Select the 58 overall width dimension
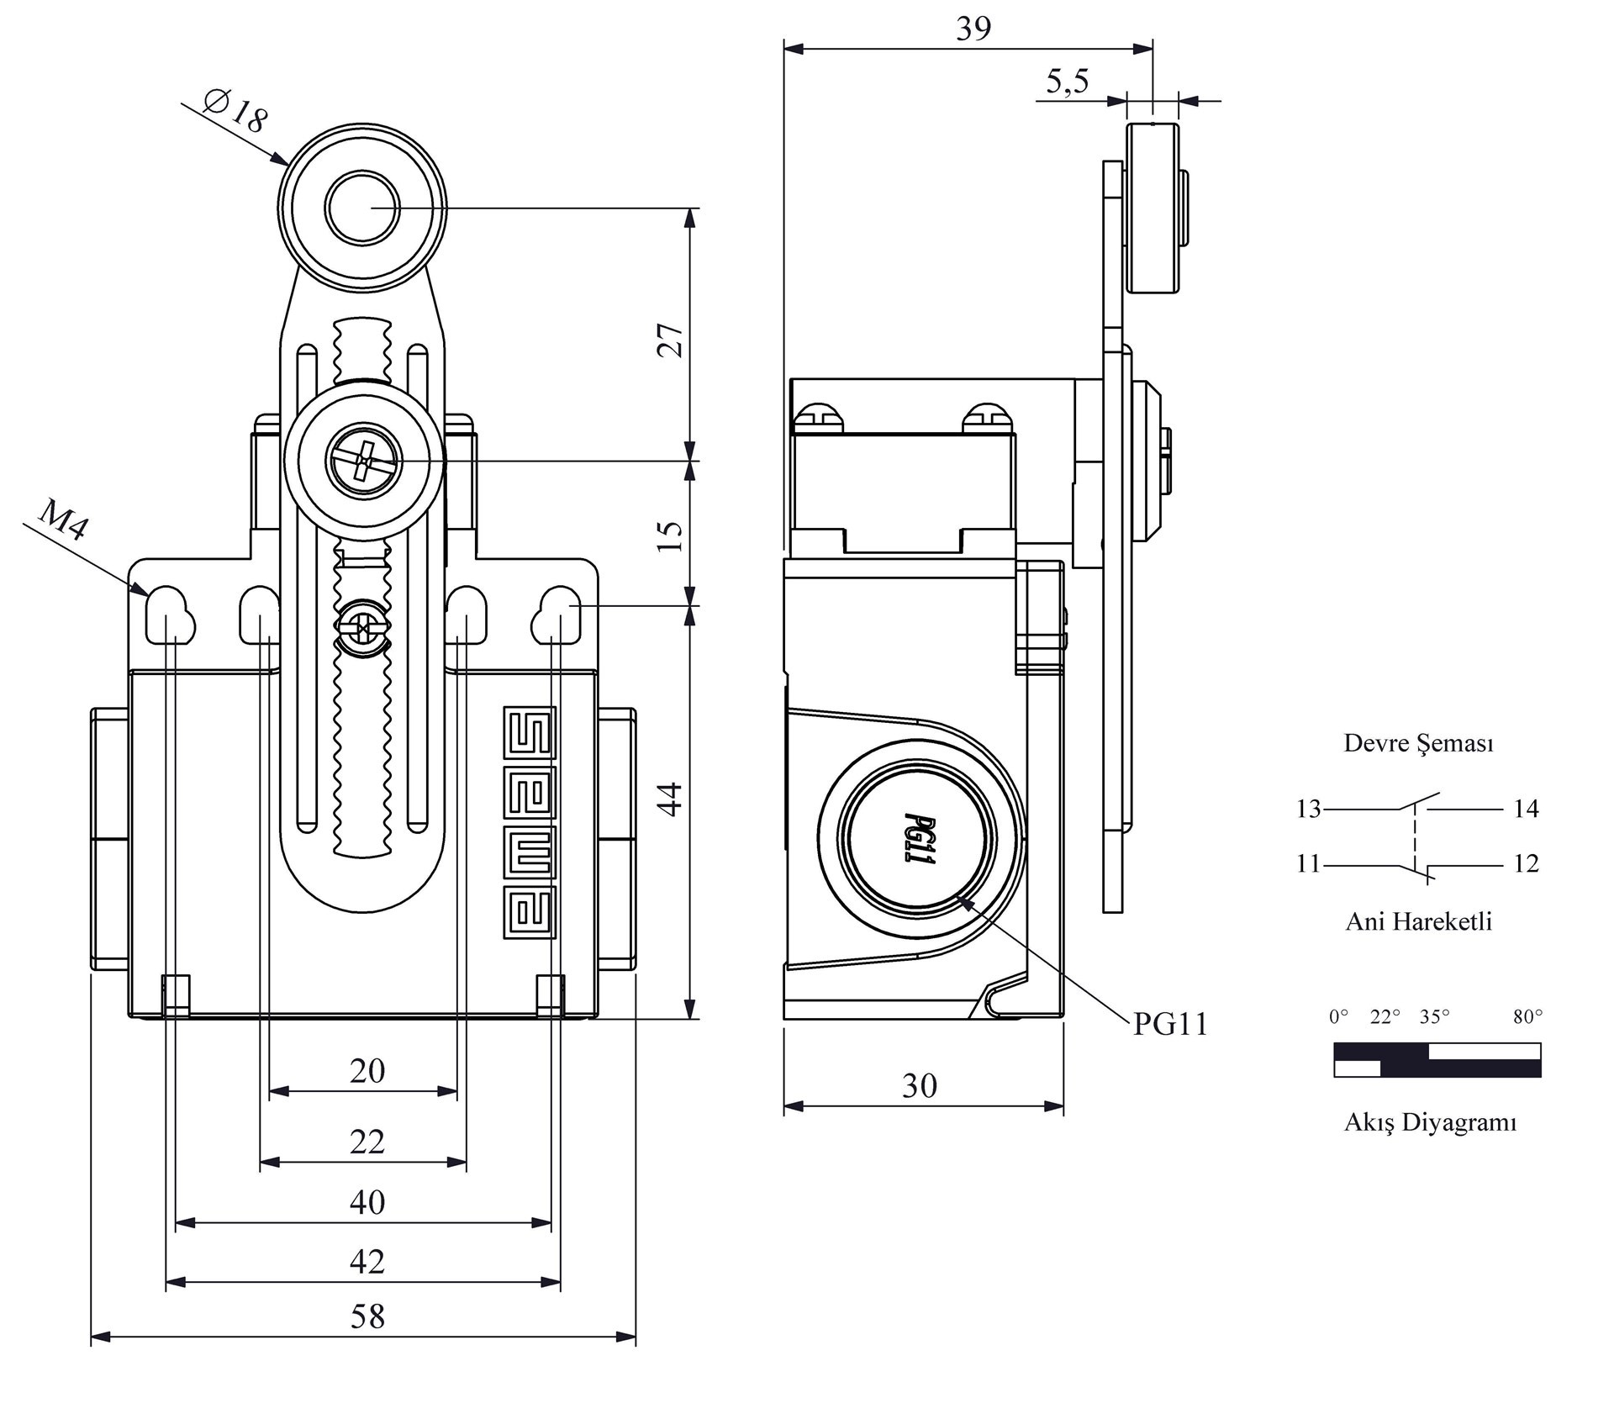[367, 1316]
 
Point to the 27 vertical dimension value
[671, 340]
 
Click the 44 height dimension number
[671, 799]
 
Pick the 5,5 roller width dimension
[1067, 82]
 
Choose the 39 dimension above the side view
[973, 29]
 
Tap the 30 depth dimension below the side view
[919, 1087]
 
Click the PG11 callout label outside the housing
[1170, 1024]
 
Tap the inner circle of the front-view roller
[362, 208]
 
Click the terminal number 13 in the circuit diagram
[1308, 809]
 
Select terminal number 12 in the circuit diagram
[1526, 863]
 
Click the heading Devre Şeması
[1418, 743]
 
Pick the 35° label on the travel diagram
[1434, 1017]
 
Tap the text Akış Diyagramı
[1430, 1122]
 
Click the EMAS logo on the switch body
[530, 822]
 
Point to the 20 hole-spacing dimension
[367, 1071]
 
